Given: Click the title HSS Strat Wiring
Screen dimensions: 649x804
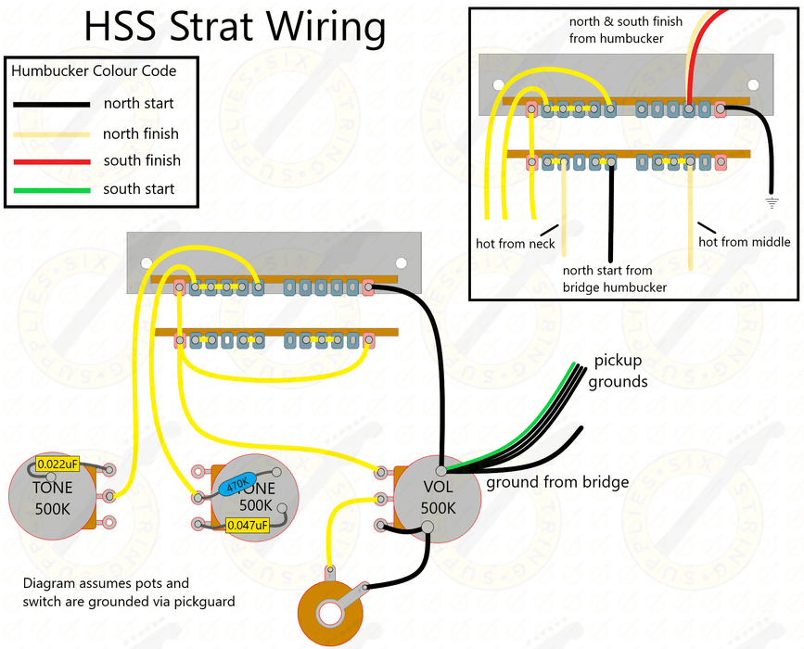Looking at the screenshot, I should click(235, 27).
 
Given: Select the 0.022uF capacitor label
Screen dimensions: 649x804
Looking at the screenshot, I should click(57, 464).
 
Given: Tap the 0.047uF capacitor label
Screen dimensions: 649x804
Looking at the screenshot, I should click(248, 526).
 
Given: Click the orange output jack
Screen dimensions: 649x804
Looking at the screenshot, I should click(330, 613).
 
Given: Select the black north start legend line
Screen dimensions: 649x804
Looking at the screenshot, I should click(50, 104).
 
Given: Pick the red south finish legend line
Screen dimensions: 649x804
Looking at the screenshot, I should click(50, 161).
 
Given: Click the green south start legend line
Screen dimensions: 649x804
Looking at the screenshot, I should click(50, 190).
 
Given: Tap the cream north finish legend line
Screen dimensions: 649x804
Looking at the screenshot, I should click(50, 134).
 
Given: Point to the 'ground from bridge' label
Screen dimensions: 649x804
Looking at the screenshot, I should click(557, 482).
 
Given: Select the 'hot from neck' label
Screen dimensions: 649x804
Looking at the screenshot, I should click(515, 244).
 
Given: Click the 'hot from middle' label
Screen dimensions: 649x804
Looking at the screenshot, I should click(744, 242).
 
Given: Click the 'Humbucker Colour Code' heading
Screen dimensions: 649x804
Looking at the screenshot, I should click(94, 70).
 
